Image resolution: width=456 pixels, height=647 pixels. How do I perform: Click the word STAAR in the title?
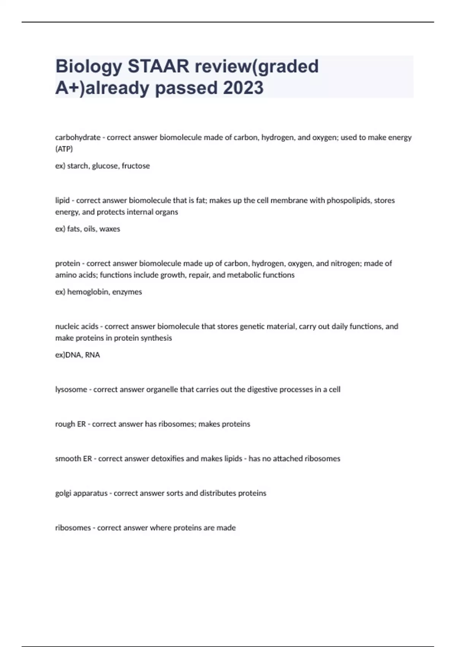click(158, 67)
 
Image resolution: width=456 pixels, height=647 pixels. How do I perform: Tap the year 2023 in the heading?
click(243, 88)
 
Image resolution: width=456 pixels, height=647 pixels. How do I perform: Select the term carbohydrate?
click(78, 137)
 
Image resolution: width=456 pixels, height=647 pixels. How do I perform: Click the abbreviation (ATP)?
click(64, 149)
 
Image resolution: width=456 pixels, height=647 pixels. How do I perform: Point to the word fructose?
click(136, 166)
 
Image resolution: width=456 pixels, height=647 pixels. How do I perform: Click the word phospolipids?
click(348, 201)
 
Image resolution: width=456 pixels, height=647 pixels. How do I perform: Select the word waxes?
click(109, 229)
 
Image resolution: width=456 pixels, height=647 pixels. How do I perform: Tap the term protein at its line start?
click(68, 263)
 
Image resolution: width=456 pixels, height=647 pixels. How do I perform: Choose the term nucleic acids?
click(77, 327)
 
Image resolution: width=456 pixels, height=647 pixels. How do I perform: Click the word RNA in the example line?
click(93, 355)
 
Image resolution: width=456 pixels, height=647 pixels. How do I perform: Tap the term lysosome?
click(71, 389)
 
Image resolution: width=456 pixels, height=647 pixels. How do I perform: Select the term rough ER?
click(70, 424)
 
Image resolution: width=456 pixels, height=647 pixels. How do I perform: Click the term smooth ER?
click(73, 459)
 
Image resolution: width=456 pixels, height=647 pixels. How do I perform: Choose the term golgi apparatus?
click(81, 493)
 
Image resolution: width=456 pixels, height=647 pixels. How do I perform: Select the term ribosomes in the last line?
click(73, 528)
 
